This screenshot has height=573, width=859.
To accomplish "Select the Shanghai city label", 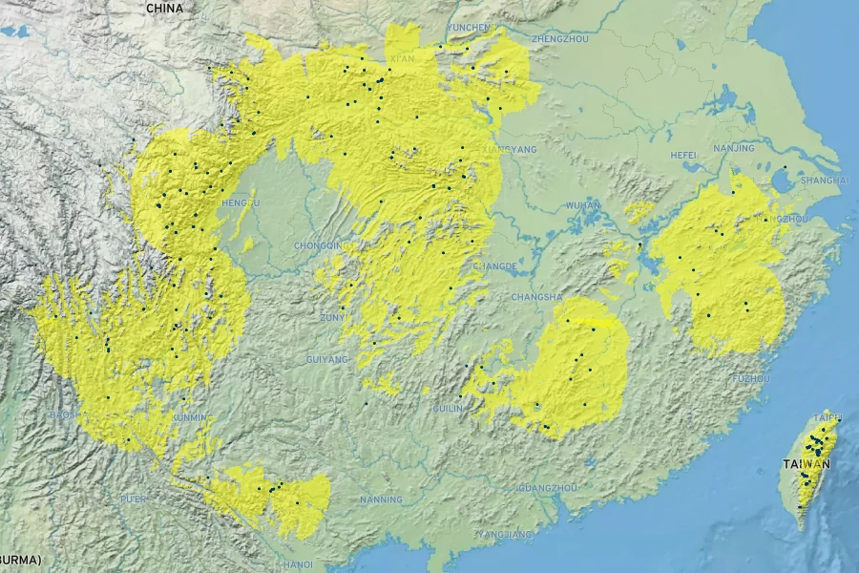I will pos(826,180).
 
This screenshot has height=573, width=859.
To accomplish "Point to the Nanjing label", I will pos(733,148).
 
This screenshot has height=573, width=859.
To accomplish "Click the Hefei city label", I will pos(683,154).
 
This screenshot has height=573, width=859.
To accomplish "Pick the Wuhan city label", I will pos(582,204).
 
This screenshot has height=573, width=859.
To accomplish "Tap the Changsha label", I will pos(536,297).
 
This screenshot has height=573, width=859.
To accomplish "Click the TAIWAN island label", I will pos(807,464).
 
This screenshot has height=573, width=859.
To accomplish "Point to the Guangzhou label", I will pos(547,488).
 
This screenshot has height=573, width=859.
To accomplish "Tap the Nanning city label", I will pos(381,499).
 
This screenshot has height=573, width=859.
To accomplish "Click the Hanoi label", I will pos(297,563).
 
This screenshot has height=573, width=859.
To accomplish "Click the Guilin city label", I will pos(448,408).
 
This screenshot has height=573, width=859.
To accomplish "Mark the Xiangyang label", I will pos(511,150).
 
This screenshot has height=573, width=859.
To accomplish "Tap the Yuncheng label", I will pos(469,28).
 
